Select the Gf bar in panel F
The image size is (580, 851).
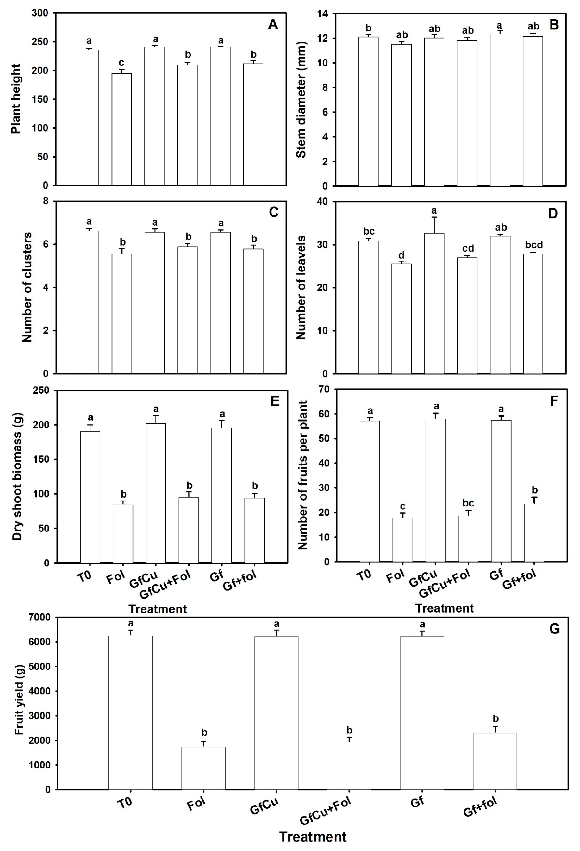click(x=501, y=491)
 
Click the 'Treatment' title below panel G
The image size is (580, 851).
click(x=313, y=837)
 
